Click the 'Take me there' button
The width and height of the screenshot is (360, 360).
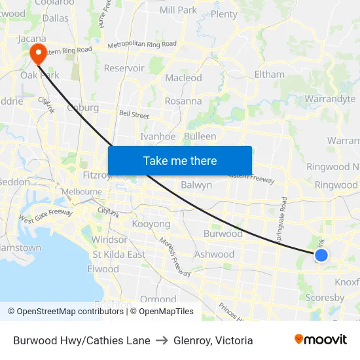pos(180,160)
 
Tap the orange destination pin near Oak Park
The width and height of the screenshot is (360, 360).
pos(38,53)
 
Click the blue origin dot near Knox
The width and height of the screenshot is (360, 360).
pos(321,255)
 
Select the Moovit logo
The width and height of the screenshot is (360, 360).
pos(321,340)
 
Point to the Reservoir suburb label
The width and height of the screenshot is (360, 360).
pos(124,67)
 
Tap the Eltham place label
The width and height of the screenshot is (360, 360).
pos(269,74)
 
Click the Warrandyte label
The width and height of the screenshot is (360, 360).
pos(330,99)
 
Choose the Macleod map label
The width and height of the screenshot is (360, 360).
pos(183,77)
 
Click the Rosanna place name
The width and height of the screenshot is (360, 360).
pos(183,101)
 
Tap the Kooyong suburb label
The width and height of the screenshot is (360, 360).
pos(151,224)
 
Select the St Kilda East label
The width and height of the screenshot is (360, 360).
pos(118,254)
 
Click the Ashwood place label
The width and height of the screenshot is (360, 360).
pos(214,254)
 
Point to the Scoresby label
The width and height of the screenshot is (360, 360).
pos(325,297)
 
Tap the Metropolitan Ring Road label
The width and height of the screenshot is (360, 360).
pos(141,44)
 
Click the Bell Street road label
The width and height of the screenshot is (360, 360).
pos(134,114)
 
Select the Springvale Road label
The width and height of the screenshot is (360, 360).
pos(284,221)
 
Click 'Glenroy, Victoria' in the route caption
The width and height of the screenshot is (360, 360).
pos(213,340)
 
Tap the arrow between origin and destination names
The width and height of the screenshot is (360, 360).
pos(162,340)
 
